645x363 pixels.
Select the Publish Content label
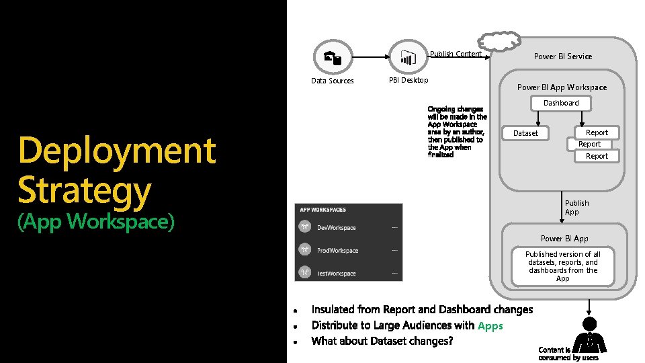(456, 54)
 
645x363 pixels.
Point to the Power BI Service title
(563, 56)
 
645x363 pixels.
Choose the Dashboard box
(561, 103)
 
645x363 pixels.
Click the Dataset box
(525, 133)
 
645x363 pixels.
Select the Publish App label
(576, 207)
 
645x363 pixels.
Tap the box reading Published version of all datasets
(563, 266)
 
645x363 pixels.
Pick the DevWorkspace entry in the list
(337, 228)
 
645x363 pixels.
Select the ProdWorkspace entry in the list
(338, 251)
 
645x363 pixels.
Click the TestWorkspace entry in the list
(337, 274)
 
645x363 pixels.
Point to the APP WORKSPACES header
(323, 210)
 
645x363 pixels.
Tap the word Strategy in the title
(85, 190)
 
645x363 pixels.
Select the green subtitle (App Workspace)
(96, 220)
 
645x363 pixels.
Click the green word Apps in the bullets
(490, 326)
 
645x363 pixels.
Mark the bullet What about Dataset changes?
(382, 341)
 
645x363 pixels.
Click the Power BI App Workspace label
(562, 87)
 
